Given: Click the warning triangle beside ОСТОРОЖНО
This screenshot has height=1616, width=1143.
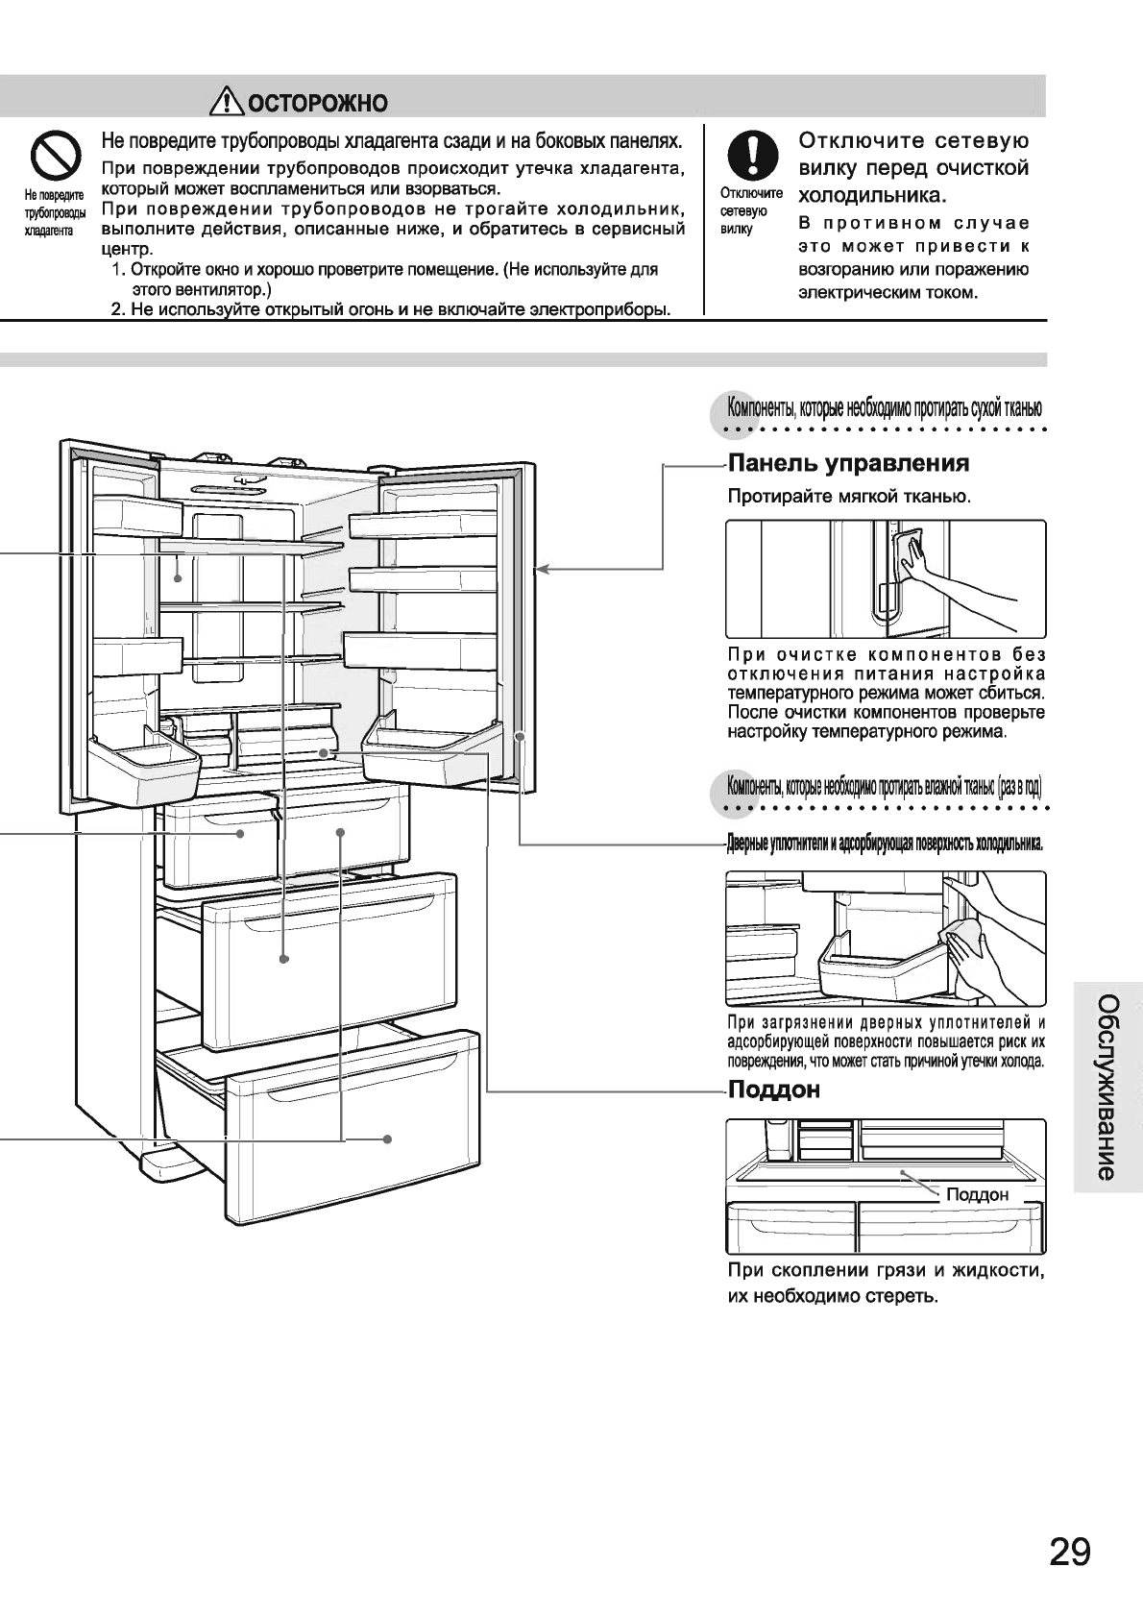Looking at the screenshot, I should pyautogui.click(x=229, y=100).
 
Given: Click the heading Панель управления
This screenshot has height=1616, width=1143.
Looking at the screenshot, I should pyautogui.click(x=849, y=464).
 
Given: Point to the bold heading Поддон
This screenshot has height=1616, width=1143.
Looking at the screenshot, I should pyautogui.click(x=774, y=1090).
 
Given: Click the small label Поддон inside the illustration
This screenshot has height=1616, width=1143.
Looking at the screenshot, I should pyautogui.click(x=977, y=1194).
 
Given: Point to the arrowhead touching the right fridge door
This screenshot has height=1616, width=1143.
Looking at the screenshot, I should pyautogui.click(x=541, y=570).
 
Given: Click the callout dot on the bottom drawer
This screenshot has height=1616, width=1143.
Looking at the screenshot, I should pyautogui.click(x=387, y=1139).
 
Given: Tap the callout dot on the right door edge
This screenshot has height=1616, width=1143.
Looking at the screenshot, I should pyautogui.click(x=519, y=737).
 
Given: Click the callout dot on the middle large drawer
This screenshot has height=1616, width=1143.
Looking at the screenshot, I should pyautogui.click(x=284, y=959).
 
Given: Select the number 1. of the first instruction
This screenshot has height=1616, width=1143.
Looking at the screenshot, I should pyautogui.click(x=118, y=270).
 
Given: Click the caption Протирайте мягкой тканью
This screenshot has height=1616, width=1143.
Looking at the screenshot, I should pyautogui.click(x=849, y=497).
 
